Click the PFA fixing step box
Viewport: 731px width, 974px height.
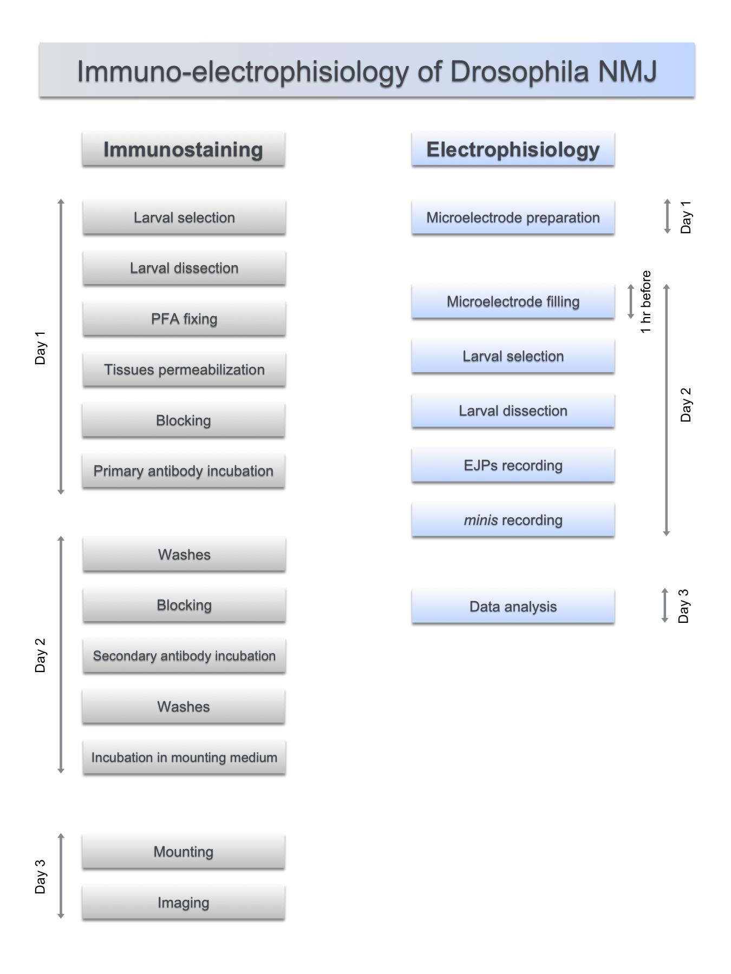click(184, 319)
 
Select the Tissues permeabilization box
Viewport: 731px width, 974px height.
click(184, 370)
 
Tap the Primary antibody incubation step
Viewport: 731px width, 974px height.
click(184, 471)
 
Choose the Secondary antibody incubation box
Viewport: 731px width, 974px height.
click(184, 656)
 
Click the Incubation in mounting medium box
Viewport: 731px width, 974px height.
click(184, 757)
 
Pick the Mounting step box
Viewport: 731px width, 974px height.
click(184, 852)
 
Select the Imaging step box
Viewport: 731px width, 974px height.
click(184, 903)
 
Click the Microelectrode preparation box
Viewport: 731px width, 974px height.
click(513, 218)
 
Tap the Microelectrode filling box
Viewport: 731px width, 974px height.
click(513, 301)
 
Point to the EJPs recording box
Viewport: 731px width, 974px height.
click(513, 465)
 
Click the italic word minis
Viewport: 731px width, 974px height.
click(481, 520)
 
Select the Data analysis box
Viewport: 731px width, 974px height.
click(513, 607)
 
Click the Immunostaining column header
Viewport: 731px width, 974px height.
click(184, 149)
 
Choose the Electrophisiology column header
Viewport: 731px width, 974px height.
click(513, 149)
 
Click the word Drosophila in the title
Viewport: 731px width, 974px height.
click(519, 71)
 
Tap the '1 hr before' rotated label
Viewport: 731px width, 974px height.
click(645, 302)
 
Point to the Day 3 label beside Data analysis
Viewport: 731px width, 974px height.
click(683, 606)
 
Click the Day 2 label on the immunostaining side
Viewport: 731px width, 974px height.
click(40, 655)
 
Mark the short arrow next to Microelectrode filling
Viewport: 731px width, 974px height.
click(630, 301)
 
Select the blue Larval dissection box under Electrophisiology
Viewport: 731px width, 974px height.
click(513, 411)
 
